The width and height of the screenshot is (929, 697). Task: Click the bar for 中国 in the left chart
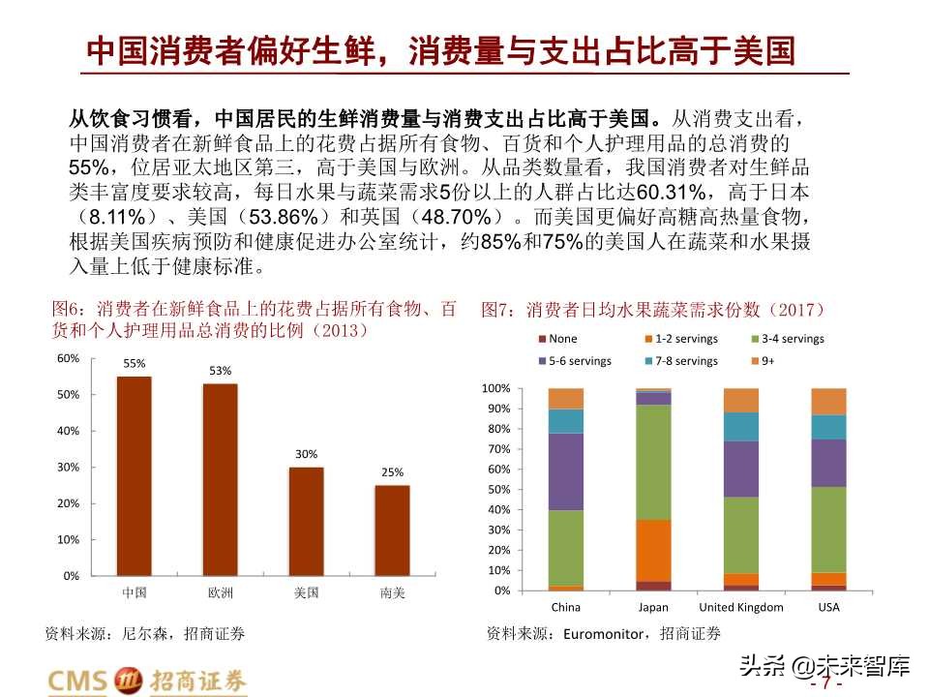134,475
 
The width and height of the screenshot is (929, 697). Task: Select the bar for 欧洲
220,479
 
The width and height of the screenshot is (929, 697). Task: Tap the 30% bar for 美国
306,521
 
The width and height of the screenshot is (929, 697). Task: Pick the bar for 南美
392,530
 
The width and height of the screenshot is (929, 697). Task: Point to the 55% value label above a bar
134,364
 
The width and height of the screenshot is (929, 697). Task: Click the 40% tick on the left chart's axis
68,431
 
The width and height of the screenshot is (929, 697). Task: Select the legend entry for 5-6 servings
574,361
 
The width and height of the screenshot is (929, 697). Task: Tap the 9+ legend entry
762,361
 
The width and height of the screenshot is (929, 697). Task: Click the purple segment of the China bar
565,471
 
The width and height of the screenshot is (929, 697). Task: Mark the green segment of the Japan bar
653,462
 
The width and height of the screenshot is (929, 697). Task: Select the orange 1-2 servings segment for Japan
653,550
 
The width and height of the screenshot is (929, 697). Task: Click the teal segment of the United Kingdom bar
741,427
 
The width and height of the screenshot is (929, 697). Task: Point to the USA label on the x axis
828,608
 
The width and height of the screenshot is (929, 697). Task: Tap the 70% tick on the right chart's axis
496,449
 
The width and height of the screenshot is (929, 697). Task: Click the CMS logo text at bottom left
78,681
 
